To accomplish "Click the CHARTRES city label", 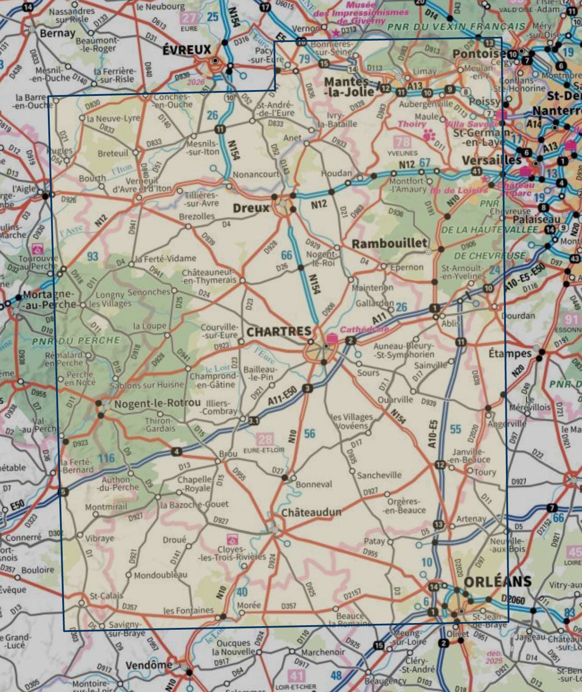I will click(279, 332).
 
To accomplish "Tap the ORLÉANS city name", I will click(497, 582).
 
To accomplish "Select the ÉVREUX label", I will click(186, 50).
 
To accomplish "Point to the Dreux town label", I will click(251, 208).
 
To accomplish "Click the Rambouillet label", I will click(389, 243).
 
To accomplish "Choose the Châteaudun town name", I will click(311, 512).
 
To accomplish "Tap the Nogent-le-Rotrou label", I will click(157, 403).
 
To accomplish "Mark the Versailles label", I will click(492, 160).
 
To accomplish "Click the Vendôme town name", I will click(149, 665).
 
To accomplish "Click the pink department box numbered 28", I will click(265, 439).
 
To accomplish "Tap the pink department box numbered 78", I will click(402, 142).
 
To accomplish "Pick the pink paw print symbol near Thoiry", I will click(429, 134).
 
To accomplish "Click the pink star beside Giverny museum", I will click(336, 33).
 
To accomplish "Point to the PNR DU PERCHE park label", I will click(76, 341).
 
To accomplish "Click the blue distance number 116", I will click(107, 458).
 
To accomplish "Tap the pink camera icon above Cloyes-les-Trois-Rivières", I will click(232, 539).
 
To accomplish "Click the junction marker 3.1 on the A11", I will click(253, 420).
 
